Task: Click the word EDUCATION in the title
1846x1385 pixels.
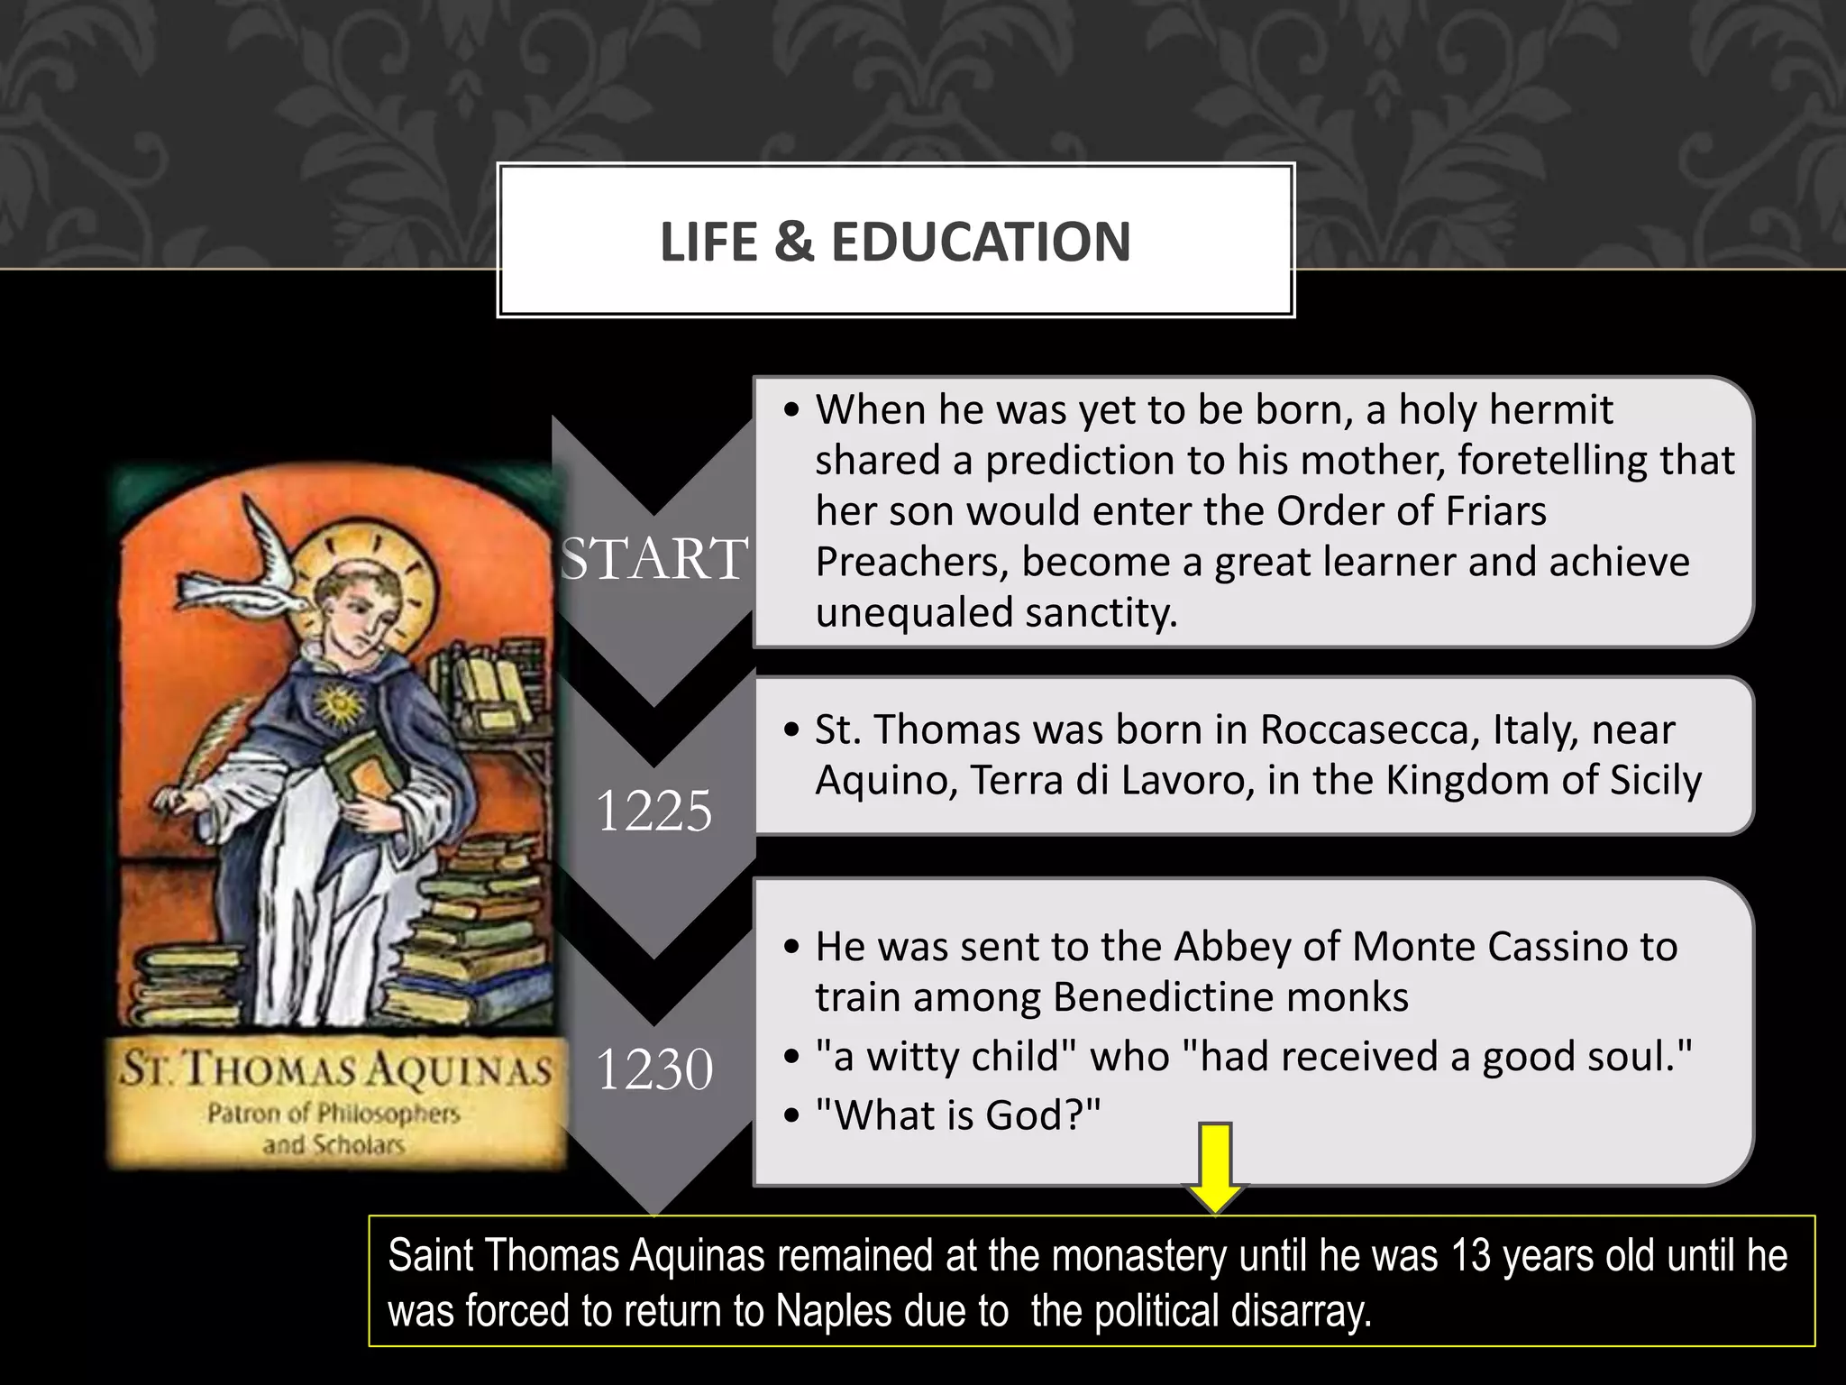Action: pyautogui.click(x=981, y=242)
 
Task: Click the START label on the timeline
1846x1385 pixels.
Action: pyautogui.click(x=654, y=557)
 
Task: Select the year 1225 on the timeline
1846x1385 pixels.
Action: pyautogui.click(x=654, y=810)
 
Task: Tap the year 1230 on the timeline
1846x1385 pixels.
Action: pyautogui.click(x=654, y=1069)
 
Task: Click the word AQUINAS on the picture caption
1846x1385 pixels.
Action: pyautogui.click(x=460, y=1071)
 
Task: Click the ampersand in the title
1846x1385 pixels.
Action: pyautogui.click(x=793, y=242)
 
